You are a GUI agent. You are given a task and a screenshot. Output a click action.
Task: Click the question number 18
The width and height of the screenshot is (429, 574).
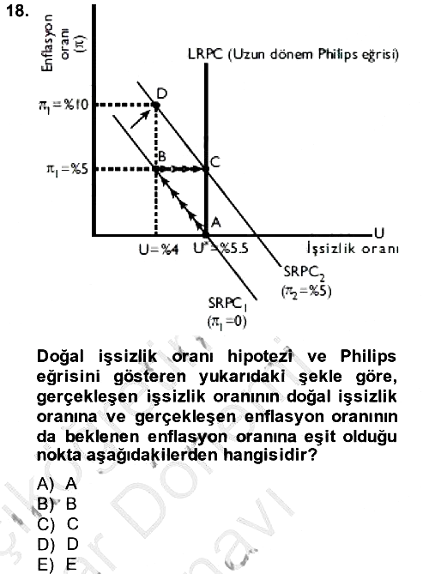(17, 11)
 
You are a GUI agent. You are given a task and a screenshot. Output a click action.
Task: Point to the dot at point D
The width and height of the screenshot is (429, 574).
(156, 106)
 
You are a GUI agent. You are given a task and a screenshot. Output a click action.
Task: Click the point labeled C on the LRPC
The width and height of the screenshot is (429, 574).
(206, 169)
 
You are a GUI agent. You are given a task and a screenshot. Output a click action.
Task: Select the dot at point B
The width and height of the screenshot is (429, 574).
(156, 169)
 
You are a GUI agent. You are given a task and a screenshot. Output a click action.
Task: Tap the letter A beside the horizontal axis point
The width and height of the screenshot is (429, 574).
(216, 222)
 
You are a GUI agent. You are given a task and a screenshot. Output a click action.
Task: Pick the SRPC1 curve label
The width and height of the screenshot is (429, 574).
(227, 312)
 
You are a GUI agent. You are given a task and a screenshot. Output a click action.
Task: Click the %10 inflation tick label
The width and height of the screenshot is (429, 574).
(63, 106)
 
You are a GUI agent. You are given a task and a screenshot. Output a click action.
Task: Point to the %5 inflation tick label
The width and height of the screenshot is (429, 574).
(67, 169)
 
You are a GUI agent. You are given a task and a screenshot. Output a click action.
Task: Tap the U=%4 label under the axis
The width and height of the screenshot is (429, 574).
(159, 250)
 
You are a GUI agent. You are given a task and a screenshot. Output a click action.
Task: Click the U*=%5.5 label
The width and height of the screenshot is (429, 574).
(221, 248)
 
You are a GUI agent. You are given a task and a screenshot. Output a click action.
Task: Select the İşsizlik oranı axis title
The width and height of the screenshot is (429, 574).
(353, 249)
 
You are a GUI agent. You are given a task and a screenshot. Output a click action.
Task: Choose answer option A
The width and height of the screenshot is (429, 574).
(57, 484)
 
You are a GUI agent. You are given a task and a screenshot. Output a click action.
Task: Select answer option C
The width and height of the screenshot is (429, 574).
(57, 524)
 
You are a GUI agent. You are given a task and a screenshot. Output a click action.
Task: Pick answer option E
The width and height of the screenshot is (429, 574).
(57, 564)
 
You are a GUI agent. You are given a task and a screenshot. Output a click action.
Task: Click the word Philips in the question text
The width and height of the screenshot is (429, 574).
(368, 357)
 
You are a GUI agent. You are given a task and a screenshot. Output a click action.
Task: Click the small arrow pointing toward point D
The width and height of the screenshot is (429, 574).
(141, 118)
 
